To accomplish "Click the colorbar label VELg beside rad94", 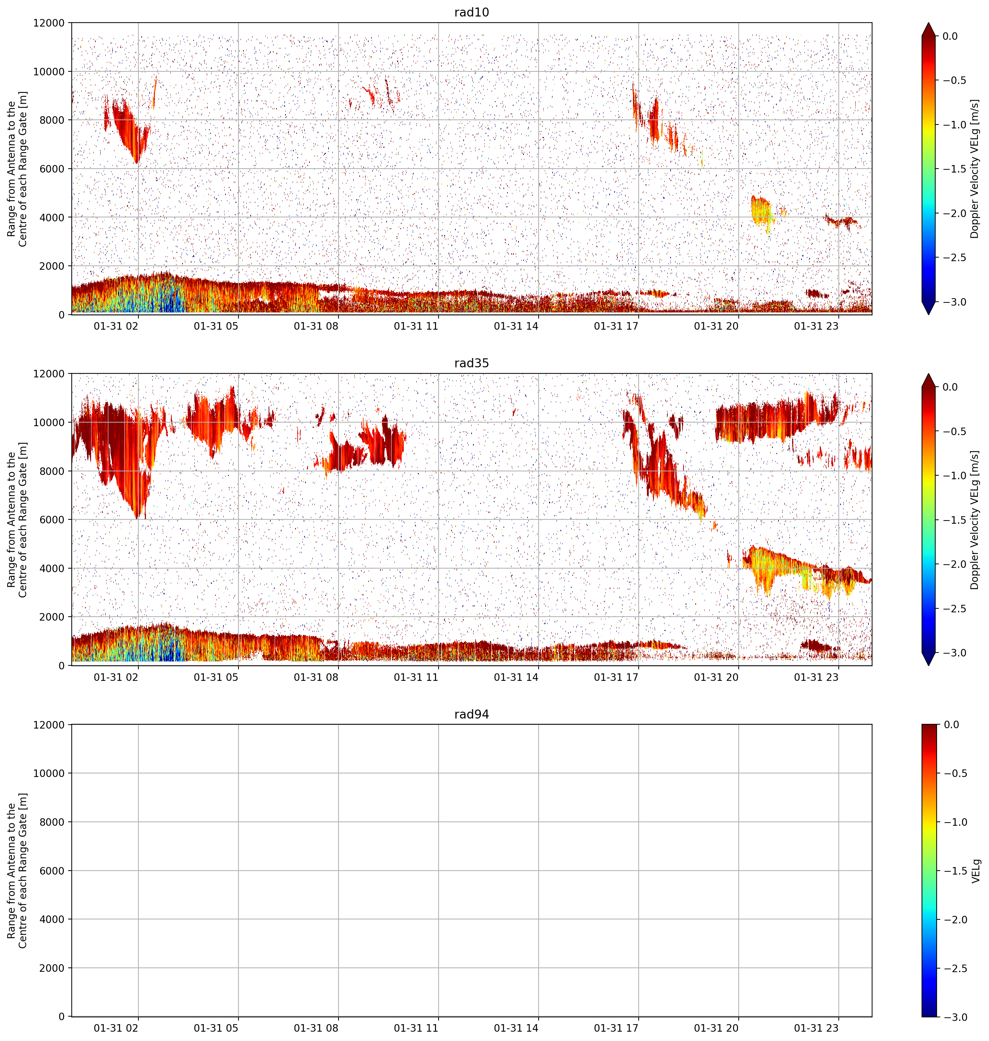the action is (x=976, y=871).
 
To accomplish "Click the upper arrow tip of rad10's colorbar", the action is (x=929, y=23).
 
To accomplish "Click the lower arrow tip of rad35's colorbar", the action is (x=929, y=665).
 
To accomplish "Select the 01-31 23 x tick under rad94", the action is (x=816, y=1028).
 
